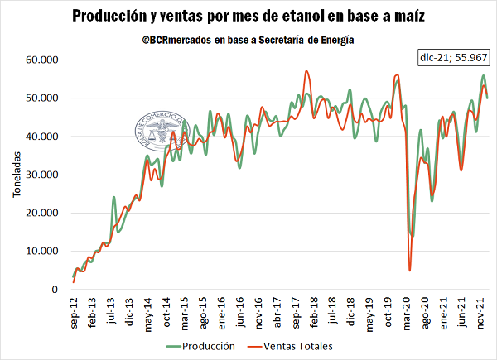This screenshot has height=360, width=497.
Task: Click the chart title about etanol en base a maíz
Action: point(248,16)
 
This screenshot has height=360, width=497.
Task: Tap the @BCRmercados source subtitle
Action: point(248,40)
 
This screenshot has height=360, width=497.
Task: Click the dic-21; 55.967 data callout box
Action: point(453,59)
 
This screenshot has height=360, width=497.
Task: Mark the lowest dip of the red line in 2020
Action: point(410,270)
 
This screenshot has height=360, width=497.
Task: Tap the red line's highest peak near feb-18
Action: point(306,71)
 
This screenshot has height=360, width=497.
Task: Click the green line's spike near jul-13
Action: point(113,197)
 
